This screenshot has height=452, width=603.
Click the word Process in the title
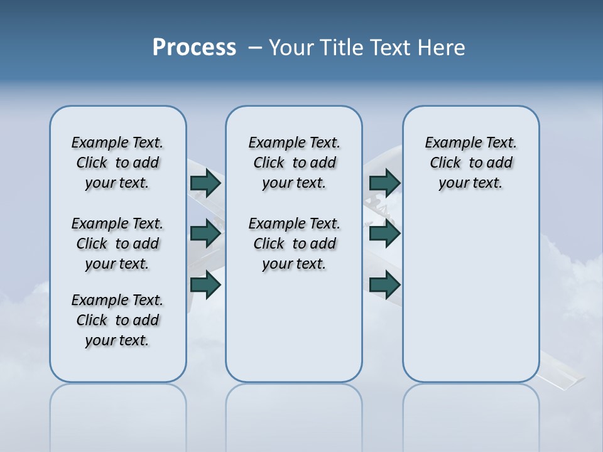(x=194, y=48)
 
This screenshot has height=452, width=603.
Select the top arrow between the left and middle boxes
(x=205, y=183)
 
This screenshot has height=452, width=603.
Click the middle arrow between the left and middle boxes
(x=205, y=234)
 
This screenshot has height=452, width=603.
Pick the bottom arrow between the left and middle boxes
(x=205, y=285)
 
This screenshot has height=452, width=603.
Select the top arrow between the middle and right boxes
(x=384, y=183)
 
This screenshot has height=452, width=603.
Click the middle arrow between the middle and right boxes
(x=384, y=234)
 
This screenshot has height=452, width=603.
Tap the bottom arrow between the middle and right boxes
(x=384, y=285)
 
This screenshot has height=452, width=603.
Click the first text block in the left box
(x=117, y=163)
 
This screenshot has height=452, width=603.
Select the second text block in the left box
(x=117, y=244)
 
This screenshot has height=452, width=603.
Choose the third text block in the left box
(x=117, y=320)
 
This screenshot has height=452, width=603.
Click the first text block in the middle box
(x=294, y=163)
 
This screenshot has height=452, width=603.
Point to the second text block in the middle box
(x=294, y=244)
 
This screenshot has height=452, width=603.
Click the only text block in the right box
(x=470, y=163)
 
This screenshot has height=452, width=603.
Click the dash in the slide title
(x=255, y=48)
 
